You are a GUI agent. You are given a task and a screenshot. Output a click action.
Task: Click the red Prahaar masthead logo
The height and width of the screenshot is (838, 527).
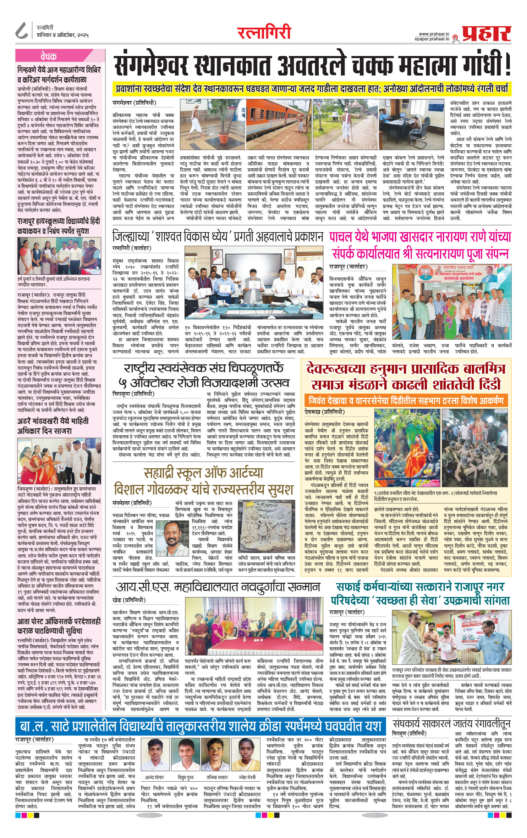487,34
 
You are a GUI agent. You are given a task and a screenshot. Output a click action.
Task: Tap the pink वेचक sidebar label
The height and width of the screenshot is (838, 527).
49,56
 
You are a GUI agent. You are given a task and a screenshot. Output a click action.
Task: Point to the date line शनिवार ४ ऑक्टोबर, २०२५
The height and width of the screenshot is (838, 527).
62,35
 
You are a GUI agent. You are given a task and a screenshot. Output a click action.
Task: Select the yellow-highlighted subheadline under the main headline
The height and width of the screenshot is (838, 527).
312,88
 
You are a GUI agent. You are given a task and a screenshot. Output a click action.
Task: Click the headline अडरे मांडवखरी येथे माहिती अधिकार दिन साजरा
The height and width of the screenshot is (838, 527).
53,426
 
